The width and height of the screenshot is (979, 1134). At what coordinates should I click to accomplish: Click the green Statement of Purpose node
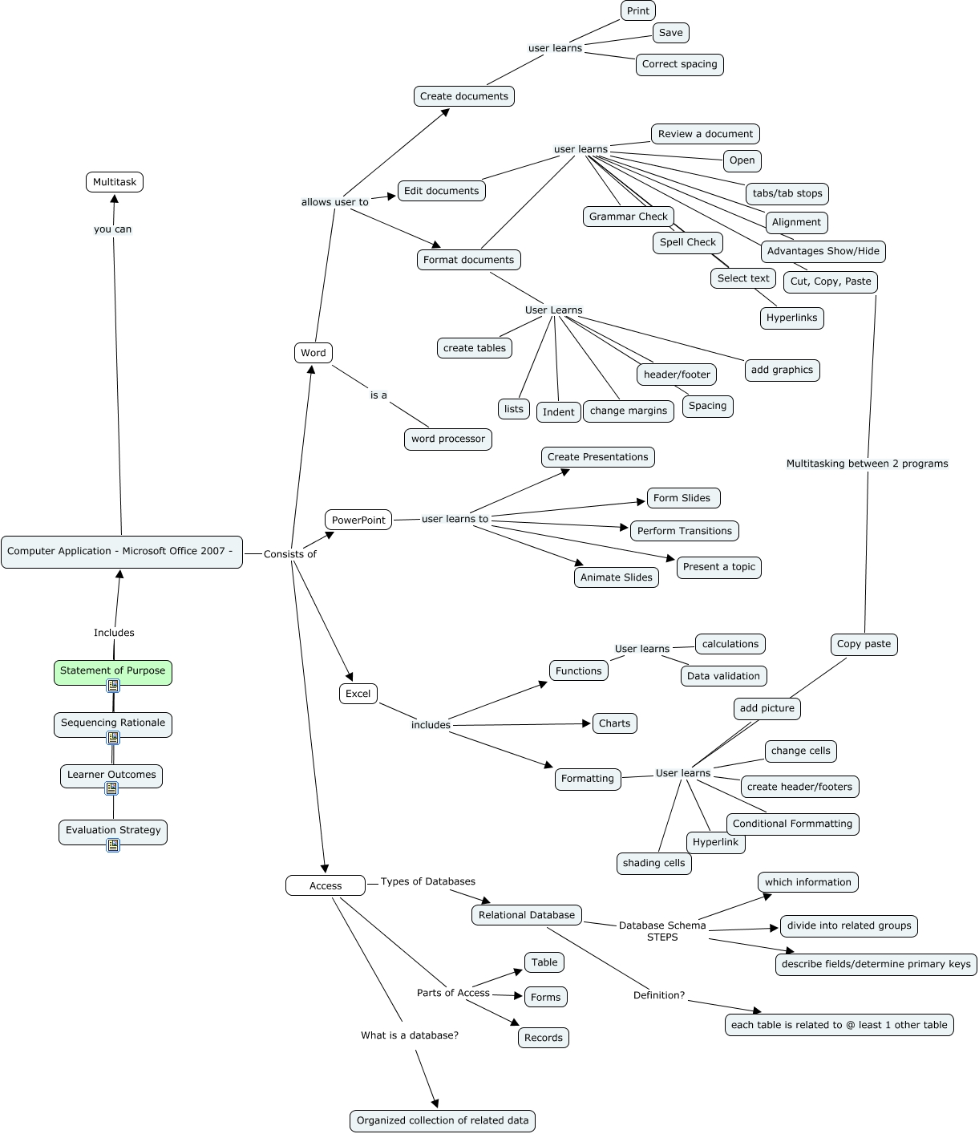[x=112, y=670]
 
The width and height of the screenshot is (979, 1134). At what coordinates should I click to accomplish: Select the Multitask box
[x=115, y=182]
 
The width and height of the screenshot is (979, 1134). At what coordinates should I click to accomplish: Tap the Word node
[x=313, y=353]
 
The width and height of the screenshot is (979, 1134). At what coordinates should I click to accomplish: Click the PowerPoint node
[x=358, y=520]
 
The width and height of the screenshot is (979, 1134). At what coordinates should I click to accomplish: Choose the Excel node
[x=358, y=694]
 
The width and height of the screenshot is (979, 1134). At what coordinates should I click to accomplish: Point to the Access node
[x=326, y=885]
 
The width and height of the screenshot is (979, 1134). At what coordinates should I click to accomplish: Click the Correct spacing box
[x=679, y=64]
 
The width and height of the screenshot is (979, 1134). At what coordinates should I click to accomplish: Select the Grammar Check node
[x=628, y=217]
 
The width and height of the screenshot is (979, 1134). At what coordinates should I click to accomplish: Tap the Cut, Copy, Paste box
[x=830, y=281]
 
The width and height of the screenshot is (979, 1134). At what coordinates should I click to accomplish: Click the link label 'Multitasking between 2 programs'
[x=867, y=464]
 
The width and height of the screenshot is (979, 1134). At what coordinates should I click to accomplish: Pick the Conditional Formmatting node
[x=792, y=824]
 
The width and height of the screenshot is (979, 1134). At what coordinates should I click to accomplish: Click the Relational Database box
[x=526, y=915]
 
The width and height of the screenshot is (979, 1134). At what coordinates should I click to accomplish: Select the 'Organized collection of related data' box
[x=443, y=1120]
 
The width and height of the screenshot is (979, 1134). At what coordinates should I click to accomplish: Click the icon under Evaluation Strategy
[x=113, y=844]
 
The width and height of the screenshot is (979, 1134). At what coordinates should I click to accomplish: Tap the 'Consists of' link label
[x=289, y=554]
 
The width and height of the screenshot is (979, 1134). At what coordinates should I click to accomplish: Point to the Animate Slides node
[x=616, y=577]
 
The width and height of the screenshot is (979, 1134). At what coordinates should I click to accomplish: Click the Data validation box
[x=723, y=676]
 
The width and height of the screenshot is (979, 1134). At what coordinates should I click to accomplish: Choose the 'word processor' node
[x=447, y=439]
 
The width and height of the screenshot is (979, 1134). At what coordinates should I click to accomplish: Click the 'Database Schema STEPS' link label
[x=662, y=931]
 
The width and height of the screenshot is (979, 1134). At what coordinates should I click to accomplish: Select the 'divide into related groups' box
[x=848, y=925]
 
